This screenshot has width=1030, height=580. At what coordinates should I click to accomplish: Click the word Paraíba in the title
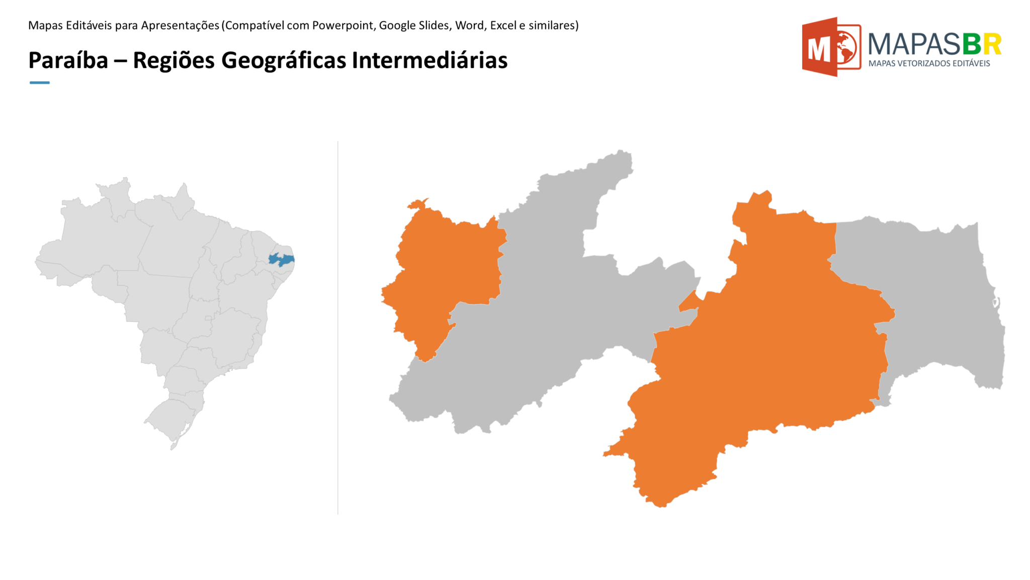68,60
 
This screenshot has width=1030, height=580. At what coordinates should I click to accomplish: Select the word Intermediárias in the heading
430,60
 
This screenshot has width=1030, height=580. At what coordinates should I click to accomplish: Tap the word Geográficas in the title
284,60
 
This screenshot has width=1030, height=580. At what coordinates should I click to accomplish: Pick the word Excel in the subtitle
503,25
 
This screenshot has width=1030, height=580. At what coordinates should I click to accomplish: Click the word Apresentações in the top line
180,25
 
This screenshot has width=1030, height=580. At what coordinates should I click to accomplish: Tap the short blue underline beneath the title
40,83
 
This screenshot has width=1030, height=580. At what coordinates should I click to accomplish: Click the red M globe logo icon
830,47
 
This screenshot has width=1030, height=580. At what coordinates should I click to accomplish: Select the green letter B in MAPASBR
972,44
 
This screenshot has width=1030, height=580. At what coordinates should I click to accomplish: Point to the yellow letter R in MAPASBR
992,44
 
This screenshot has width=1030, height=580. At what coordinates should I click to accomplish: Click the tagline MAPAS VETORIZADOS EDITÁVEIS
929,63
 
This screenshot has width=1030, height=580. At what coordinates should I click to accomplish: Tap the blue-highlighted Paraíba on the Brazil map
281,260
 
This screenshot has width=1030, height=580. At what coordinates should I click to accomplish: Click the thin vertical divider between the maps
338,327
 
